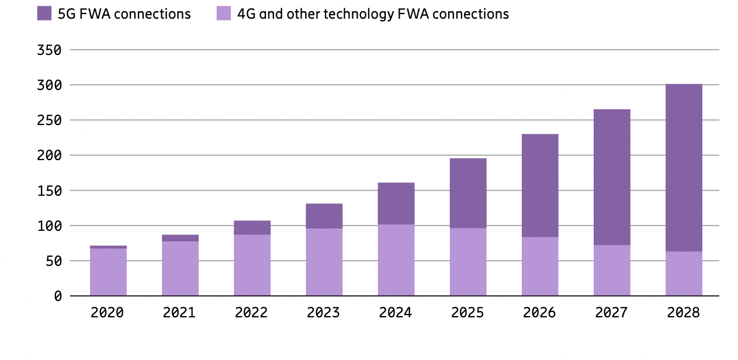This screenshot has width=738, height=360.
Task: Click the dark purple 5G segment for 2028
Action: (684, 168)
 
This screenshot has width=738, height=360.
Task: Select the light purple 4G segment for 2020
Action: (108, 272)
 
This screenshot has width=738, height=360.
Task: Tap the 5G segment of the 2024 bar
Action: (396, 203)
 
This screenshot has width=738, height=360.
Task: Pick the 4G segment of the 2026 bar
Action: (540, 266)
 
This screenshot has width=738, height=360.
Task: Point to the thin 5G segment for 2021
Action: (180, 238)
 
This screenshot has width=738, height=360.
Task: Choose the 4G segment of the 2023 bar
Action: (324, 262)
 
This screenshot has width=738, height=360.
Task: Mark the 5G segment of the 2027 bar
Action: (612, 177)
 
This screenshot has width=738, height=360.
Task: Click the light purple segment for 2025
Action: (468, 261)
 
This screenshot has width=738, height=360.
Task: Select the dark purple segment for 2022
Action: (252, 227)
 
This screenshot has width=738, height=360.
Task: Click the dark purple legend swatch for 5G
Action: (44, 13)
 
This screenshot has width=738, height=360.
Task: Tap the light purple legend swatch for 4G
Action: (224, 13)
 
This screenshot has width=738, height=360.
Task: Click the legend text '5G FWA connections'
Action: (124, 14)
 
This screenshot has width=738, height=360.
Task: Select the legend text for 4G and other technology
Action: (373, 14)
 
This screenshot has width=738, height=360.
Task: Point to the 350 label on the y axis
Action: (49, 50)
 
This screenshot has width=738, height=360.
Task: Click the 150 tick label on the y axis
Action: (49, 191)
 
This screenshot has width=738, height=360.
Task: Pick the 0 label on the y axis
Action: (58, 296)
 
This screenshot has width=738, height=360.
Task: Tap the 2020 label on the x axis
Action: (108, 313)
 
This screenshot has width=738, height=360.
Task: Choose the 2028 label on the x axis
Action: (683, 313)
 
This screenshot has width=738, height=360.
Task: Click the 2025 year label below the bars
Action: (467, 313)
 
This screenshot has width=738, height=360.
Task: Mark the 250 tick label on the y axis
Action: (49, 120)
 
